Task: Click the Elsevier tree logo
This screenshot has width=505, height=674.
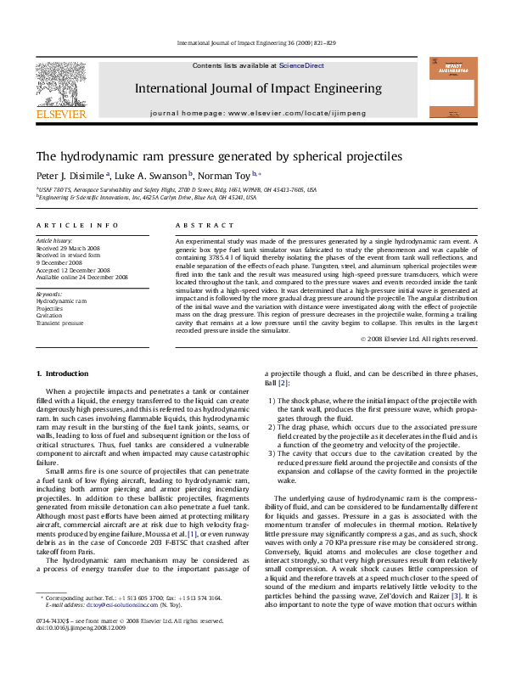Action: [59, 82]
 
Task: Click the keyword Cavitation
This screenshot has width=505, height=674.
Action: [48, 316]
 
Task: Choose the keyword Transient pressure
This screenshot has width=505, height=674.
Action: [59, 323]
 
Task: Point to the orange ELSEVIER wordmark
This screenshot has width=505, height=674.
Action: [59, 114]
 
